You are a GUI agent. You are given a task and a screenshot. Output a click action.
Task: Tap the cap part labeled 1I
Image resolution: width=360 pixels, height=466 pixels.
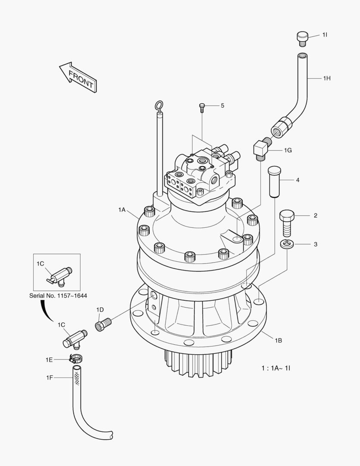click(x=302, y=38)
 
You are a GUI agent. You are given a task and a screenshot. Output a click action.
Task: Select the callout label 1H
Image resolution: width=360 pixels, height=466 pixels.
click(x=326, y=78)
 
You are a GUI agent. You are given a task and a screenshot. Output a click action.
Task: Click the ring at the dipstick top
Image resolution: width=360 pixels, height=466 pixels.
click(x=159, y=105)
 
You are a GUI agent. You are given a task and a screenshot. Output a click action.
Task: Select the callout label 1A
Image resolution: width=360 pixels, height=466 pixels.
click(x=122, y=210)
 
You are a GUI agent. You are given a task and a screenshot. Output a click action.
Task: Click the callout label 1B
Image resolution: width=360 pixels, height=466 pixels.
click(x=278, y=340)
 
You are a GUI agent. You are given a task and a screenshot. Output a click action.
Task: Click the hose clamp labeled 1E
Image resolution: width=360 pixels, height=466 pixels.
click(x=76, y=358)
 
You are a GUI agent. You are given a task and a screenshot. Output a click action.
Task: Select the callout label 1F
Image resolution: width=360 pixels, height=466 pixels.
click(x=50, y=378)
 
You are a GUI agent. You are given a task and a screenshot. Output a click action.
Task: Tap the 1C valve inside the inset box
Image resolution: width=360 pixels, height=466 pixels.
click(x=59, y=276)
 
